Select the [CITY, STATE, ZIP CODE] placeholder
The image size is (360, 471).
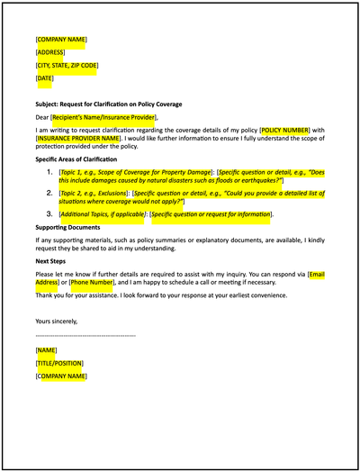pyautogui.click(x=67, y=66)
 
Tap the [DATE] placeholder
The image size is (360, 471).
pyautogui.click(x=45, y=79)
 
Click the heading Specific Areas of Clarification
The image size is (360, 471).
pyautogui.click(x=85, y=159)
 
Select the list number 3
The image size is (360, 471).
pyautogui.click(x=50, y=214)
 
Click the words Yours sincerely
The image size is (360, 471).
pyautogui.click(x=56, y=321)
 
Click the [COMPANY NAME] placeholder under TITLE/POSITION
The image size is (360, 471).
pyautogui.click(x=61, y=376)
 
